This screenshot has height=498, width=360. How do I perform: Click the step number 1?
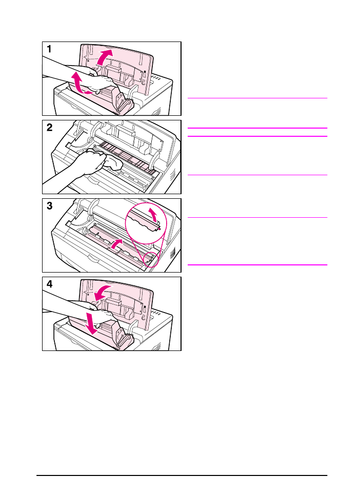pos(49,50)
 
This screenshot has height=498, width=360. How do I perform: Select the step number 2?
pos(49,128)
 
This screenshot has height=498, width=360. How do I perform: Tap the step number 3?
pos(49,206)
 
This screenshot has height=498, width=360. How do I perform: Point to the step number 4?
pos(49,285)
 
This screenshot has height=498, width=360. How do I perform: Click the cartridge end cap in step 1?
pos(124,102)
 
